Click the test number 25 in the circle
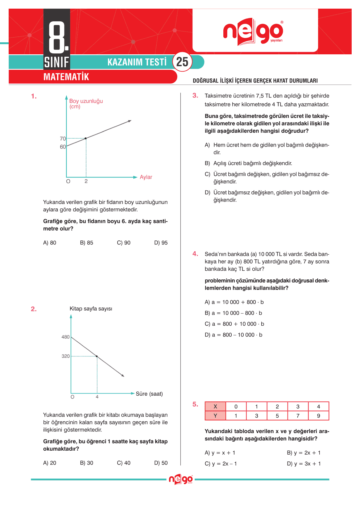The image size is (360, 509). coord(182,62)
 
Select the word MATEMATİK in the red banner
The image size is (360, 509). coord(66,77)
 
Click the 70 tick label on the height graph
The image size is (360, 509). coord(63,139)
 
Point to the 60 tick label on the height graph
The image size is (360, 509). coord(63,147)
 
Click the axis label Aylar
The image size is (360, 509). coord(146,177)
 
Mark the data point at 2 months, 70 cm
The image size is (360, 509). coord(86,138)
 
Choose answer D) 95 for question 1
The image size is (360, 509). coord(161,243)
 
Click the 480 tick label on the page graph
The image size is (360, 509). coord(65,337)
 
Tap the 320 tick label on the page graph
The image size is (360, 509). coord(65,356)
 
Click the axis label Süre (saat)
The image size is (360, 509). coord(149,394)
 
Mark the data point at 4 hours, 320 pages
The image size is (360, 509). coord(97,357)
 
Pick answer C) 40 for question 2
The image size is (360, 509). coord(124,463)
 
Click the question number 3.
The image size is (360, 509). coord(195,96)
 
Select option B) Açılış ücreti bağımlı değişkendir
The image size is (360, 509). coord(248,163)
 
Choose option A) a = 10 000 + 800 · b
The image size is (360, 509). coord(234,302)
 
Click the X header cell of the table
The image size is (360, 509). coord(215,407)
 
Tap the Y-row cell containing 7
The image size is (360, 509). coord(298,416)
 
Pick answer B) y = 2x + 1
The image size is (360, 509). coord(304,453)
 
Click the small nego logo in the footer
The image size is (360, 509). coord(181,479)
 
